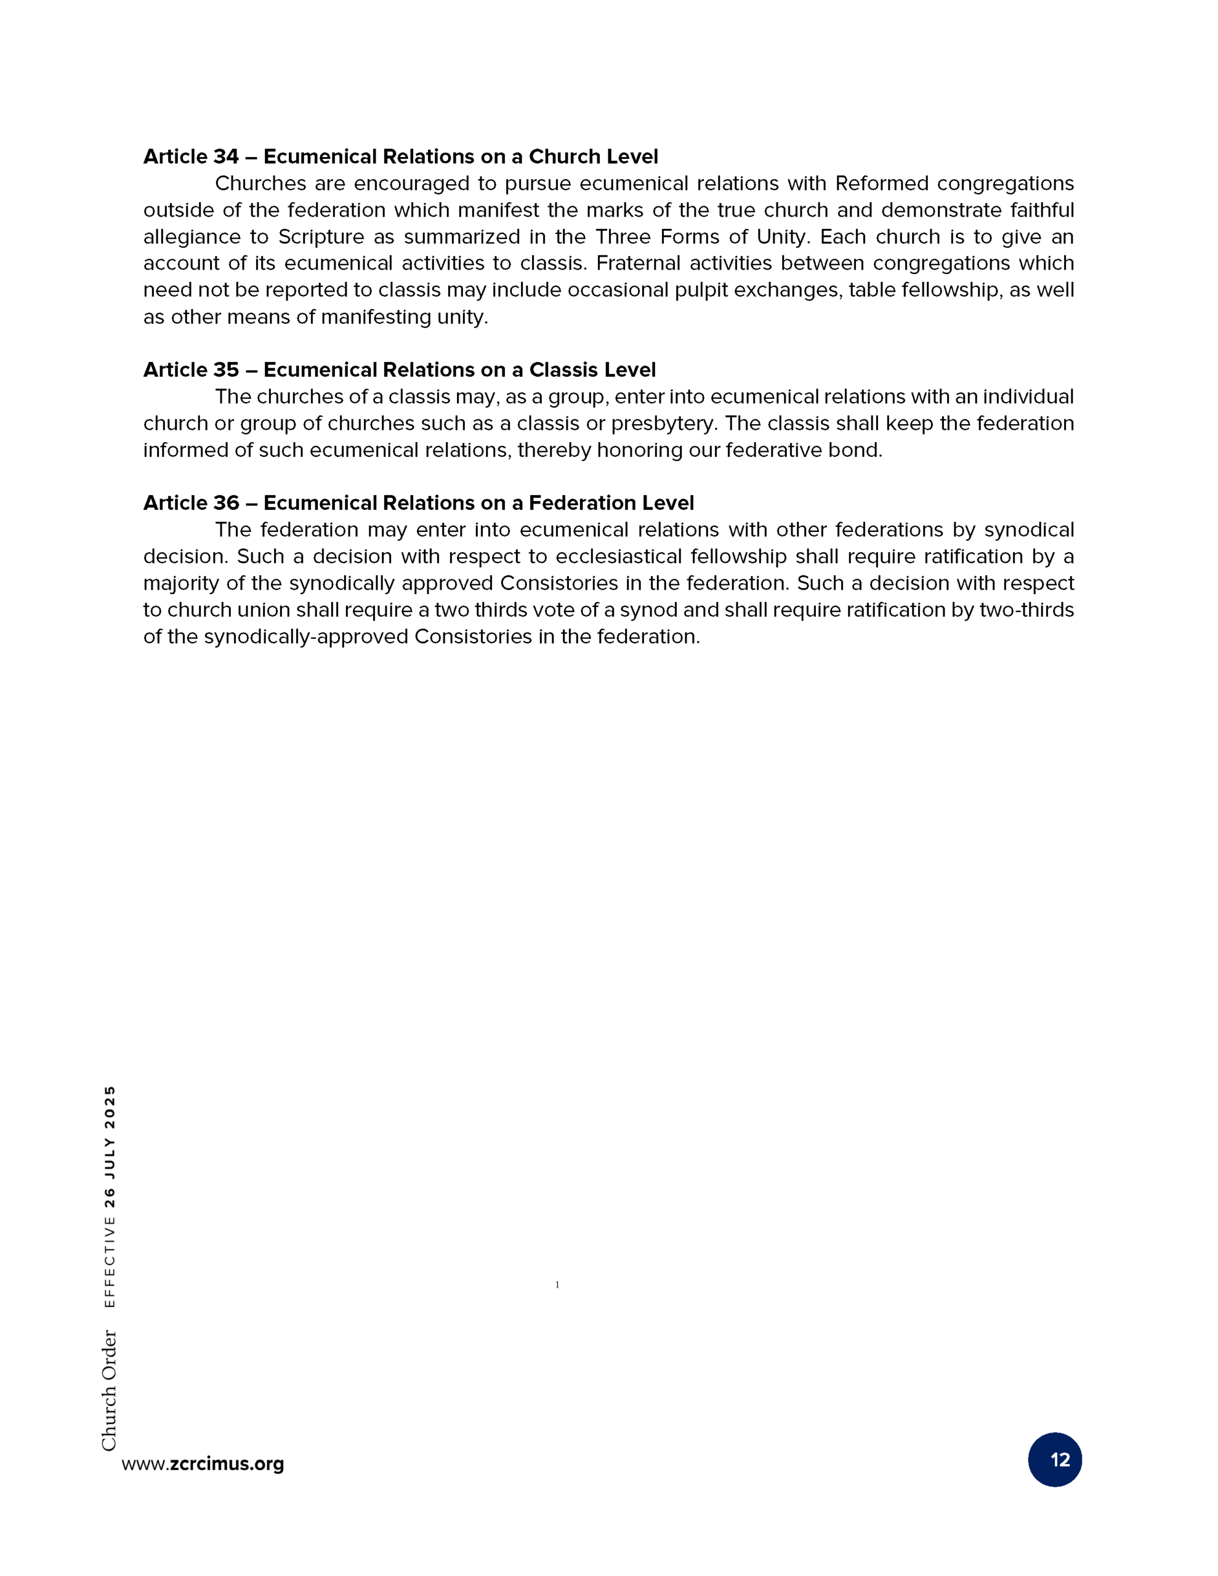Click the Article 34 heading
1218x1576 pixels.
[x=400, y=156]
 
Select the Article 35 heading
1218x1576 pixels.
[x=399, y=369]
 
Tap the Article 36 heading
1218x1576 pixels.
[x=418, y=502]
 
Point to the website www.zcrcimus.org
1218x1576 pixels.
[x=203, y=1463]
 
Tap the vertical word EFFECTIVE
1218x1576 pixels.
[x=109, y=1262]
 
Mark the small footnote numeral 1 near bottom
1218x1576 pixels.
[x=557, y=1284]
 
